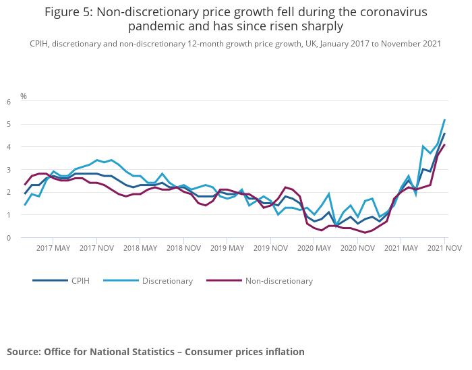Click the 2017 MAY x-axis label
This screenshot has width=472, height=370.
click(53, 248)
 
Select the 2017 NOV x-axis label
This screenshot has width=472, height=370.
click(96, 248)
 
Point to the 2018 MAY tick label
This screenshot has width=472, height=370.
click(140, 248)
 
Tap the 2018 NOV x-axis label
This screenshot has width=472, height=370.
click(183, 248)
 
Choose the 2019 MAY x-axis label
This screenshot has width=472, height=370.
click(227, 248)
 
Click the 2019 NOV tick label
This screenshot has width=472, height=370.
click(270, 248)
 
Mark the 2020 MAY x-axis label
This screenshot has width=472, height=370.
click(314, 248)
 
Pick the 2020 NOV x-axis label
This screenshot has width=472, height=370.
click(357, 248)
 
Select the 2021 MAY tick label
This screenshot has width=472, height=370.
click(401, 248)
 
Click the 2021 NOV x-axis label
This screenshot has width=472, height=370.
click(444, 248)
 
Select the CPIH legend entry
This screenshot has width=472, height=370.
click(80, 280)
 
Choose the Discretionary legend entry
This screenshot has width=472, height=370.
click(167, 280)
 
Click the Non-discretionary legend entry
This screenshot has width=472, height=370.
click(278, 280)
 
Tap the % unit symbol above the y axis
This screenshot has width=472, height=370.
click(24, 96)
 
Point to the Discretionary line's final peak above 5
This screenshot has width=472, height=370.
click(444, 120)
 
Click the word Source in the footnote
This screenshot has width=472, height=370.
click(24, 352)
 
